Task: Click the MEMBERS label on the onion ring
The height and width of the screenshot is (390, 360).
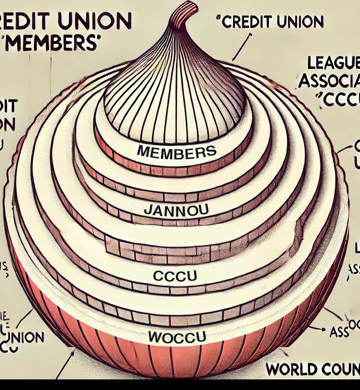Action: point(176,151)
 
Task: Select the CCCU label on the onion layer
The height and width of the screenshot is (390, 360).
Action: point(174,276)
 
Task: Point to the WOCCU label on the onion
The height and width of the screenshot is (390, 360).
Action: point(177,336)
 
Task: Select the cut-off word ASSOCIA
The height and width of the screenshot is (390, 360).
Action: point(329,81)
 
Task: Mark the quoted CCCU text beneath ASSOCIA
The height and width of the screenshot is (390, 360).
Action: point(340,100)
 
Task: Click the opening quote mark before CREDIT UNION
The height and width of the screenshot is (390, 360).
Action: point(218,20)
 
